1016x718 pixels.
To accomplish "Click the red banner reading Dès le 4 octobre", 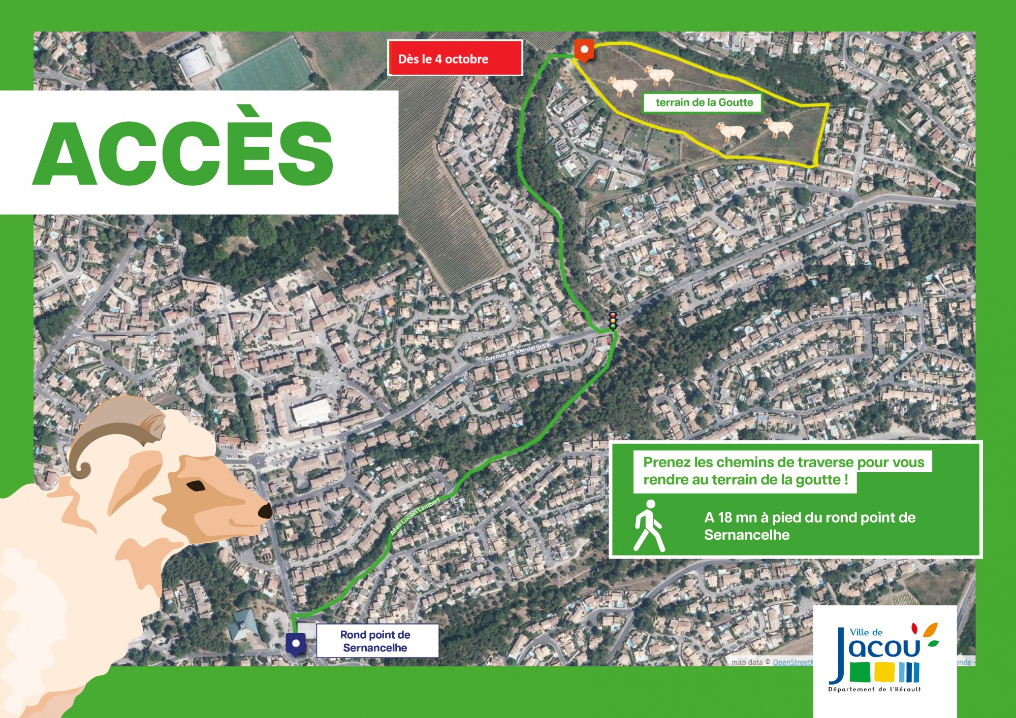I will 455,58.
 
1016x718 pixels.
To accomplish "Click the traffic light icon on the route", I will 613,321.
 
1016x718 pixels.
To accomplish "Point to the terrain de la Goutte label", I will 704,103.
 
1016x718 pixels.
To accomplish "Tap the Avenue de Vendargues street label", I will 517,352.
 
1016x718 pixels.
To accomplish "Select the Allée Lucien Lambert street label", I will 415,516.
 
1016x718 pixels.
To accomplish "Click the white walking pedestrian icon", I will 649,526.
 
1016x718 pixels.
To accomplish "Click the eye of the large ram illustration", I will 196,485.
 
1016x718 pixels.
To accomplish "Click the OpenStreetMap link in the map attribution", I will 793,662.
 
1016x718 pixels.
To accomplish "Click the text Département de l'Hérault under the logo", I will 874,689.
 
